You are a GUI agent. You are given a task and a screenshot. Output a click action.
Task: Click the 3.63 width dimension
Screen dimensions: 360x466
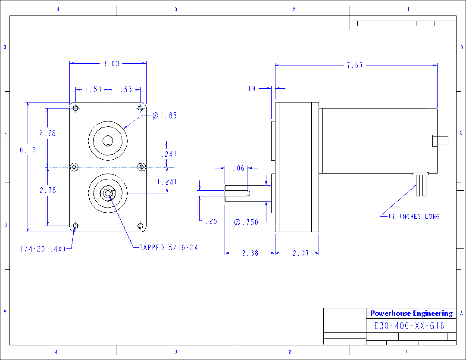click(x=111, y=64)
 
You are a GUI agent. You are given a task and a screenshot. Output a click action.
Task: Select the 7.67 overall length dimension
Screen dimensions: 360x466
click(x=355, y=65)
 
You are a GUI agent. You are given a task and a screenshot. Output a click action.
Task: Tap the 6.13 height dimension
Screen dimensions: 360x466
click(x=28, y=150)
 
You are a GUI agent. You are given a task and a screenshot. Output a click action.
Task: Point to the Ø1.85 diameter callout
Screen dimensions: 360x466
click(x=165, y=115)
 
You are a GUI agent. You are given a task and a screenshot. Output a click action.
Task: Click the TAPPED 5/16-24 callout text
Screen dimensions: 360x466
click(x=169, y=248)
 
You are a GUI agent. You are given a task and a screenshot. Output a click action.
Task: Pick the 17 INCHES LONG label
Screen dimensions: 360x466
click(x=414, y=216)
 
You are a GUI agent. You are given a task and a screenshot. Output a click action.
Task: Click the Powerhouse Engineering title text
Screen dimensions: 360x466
click(x=411, y=313)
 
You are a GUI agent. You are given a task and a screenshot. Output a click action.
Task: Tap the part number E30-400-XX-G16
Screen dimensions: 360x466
click(x=409, y=326)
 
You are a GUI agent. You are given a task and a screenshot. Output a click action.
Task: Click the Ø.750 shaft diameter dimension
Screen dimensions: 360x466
click(x=246, y=222)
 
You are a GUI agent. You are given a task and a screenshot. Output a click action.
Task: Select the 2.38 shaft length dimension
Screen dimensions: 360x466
click(x=250, y=253)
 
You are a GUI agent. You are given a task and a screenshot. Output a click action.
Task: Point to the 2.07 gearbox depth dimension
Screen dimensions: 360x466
click(x=301, y=253)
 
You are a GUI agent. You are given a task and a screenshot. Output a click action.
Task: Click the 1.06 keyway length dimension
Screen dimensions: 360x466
click(x=236, y=168)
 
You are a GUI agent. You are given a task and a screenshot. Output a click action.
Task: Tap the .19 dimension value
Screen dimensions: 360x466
click(x=250, y=89)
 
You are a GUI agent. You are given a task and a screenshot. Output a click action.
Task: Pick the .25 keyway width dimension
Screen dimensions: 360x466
click(x=211, y=221)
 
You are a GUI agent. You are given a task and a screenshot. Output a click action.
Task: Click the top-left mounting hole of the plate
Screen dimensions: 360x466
click(x=76, y=108)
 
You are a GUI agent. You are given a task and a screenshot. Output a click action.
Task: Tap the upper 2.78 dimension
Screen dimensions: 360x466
click(x=47, y=133)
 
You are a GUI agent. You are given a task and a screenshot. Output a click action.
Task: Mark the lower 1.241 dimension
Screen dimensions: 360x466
click(x=167, y=182)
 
